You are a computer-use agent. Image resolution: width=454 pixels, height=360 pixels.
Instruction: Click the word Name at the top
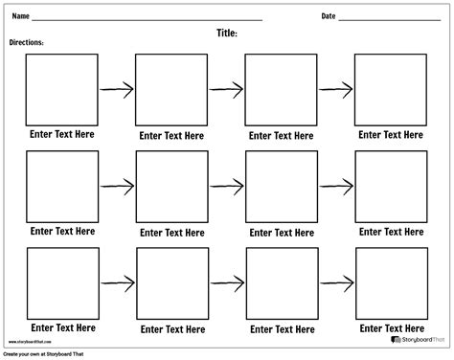[19, 16]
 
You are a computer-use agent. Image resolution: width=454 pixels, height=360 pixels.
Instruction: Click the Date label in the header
[329, 16]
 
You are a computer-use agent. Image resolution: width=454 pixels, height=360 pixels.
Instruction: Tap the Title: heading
[227, 33]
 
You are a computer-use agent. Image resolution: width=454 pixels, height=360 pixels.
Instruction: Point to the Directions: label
[26, 43]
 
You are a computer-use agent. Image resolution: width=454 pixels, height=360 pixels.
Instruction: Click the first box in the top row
[62, 89]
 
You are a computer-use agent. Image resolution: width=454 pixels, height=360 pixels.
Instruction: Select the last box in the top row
[390, 89]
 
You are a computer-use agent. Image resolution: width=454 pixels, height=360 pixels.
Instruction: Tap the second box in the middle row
[171, 187]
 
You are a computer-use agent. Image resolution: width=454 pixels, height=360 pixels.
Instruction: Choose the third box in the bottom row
[281, 283]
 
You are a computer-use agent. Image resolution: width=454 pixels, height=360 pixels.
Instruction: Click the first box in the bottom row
[62, 283]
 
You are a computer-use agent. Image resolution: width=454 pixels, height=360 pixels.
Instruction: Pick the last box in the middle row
[390, 187]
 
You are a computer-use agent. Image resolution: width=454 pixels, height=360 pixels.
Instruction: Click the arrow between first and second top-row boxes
[116, 90]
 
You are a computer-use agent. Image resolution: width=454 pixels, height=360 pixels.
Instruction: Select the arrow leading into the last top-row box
[335, 89]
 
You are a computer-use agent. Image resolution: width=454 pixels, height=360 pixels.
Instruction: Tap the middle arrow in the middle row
[226, 186]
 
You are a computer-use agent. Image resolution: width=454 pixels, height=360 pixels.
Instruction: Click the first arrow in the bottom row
[116, 283]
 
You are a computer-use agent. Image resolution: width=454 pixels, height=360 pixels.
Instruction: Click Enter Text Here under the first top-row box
[62, 135]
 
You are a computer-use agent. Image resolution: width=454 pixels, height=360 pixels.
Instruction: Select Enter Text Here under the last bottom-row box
[391, 328]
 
